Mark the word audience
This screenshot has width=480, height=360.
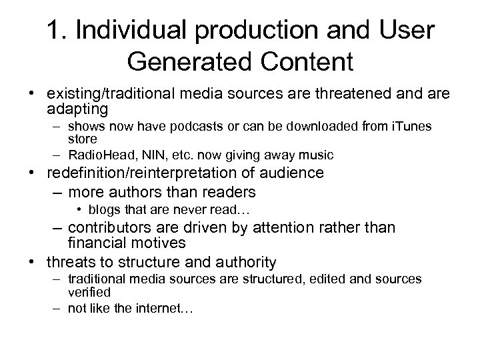[287, 173]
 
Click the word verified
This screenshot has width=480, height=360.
[88, 292]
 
